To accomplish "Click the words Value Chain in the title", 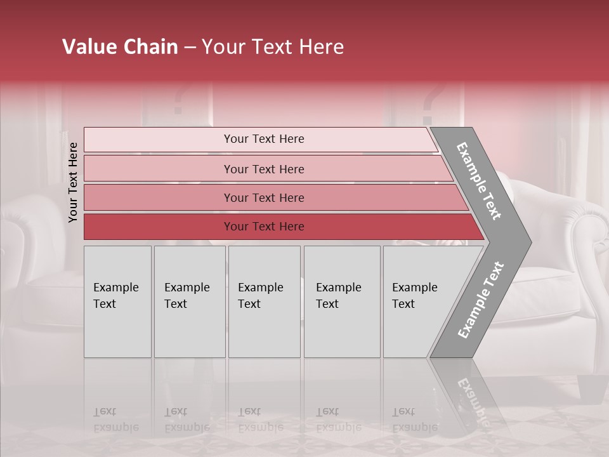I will (120, 47).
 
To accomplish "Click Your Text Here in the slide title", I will (273, 47).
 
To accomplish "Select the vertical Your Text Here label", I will (73, 182).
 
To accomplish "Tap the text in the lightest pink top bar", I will (264, 139).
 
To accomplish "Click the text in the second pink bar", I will (264, 169).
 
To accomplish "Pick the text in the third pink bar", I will (264, 197).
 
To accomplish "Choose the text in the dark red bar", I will (264, 227).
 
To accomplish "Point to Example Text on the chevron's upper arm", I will (480, 180).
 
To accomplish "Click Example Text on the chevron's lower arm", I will (481, 300).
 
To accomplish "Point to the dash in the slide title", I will (190, 48).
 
